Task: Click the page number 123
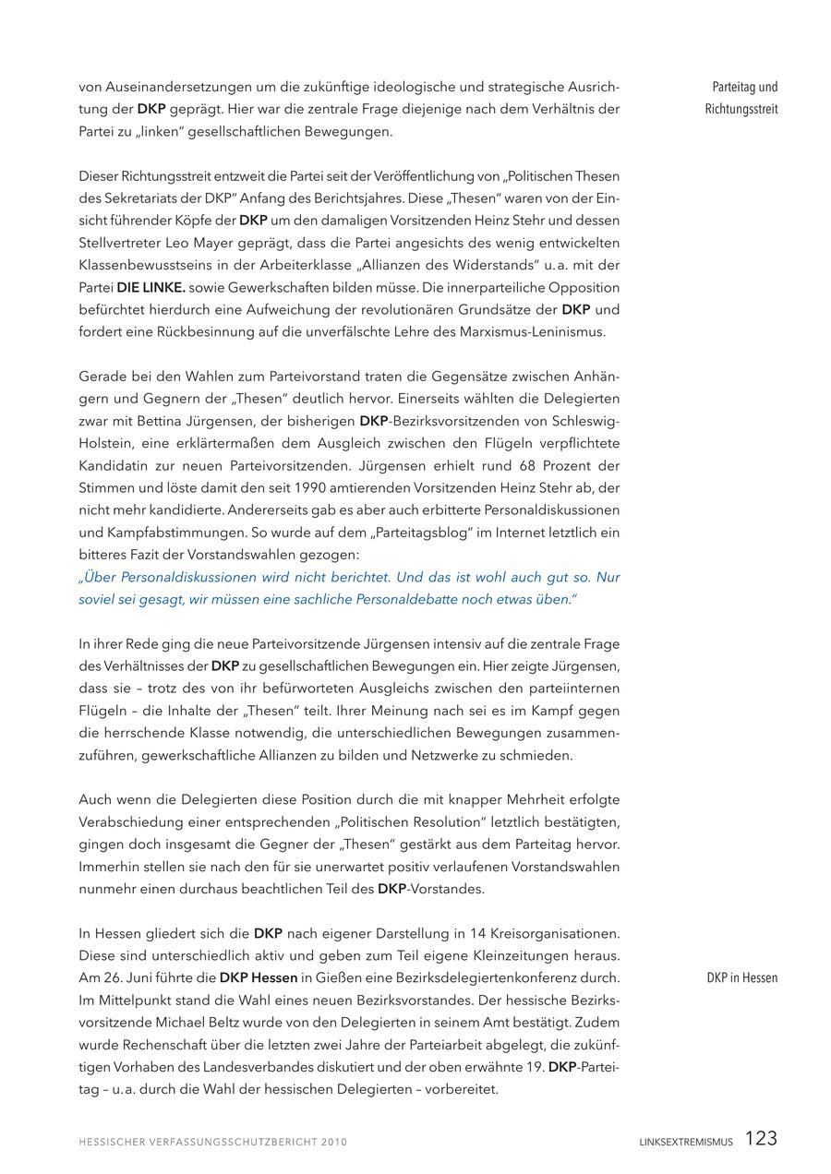pos(761,1139)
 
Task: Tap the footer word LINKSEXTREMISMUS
pos(686,1143)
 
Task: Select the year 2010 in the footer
pos(333,1143)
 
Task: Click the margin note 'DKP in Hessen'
pos(742,978)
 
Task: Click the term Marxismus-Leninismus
pos(526,331)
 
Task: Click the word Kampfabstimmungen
pos(176,533)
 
